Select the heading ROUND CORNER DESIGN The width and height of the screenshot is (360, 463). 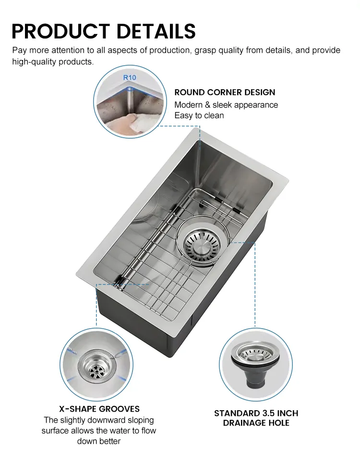[x=225, y=92]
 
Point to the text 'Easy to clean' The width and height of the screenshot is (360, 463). [x=199, y=115]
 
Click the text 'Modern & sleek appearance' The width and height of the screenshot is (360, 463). [x=226, y=105]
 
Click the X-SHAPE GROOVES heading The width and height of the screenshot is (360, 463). [x=99, y=409]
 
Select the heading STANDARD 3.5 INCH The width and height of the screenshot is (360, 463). [x=256, y=413]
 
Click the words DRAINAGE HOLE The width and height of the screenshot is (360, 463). [x=256, y=423]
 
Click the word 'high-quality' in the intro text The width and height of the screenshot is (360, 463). [x=32, y=62]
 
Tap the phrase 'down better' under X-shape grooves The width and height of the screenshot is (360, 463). [x=99, y=440]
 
